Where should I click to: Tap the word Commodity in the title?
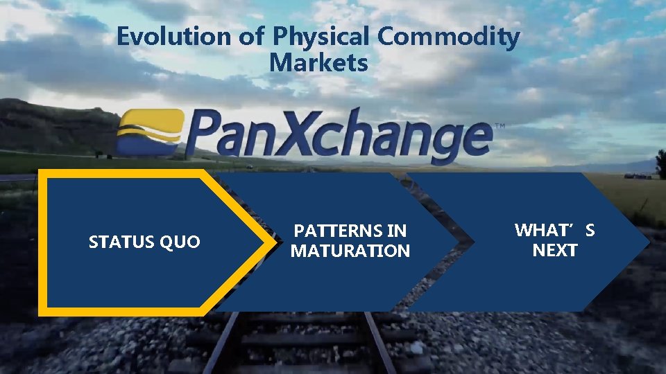tap(450, 37)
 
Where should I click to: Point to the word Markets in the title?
tap(318, 63)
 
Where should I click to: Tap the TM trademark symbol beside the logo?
tap(499, 127)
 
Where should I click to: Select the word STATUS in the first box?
tap(121, 242)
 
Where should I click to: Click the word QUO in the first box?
tap(180, 242)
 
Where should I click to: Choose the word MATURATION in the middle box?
tap(350, 251)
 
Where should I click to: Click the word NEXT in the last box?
tap(554, 250)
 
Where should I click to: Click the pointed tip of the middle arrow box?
tap(458, 242)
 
